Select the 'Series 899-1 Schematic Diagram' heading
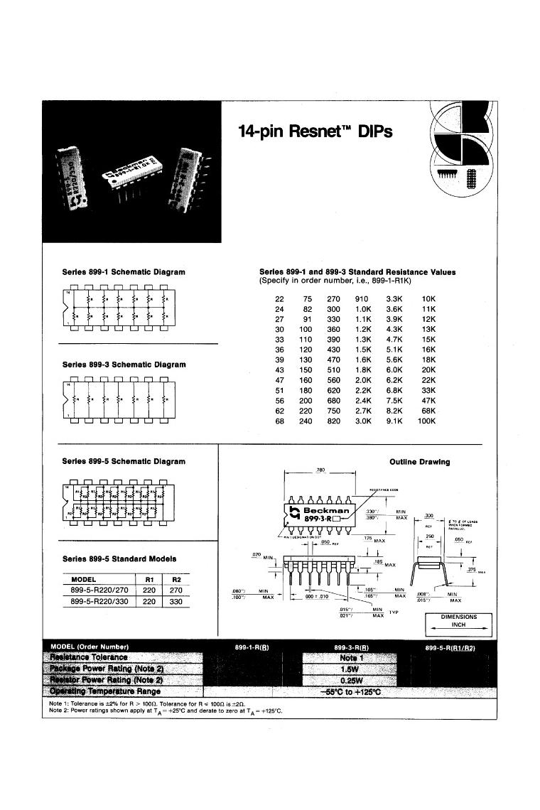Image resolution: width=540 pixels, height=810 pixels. coord(124,272)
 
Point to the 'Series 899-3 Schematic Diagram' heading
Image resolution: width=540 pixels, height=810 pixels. coord(124,364)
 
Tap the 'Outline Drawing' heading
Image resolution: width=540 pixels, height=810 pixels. coord(419,462)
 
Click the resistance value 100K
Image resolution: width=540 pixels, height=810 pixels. coord(426,421)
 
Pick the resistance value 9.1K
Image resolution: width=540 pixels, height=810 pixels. coord(394,421)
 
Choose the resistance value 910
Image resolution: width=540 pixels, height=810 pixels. coord(362,299)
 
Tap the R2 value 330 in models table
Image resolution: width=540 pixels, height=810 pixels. coord(177,602)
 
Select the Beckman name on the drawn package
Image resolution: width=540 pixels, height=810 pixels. coord(326,510)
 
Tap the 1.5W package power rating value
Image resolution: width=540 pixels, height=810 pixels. coord(348,669)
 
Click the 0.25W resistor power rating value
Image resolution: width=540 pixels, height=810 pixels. coord(348,680)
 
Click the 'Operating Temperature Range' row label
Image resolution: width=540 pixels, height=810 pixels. coord(104,691)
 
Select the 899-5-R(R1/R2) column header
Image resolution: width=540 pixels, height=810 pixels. coord(449,647)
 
